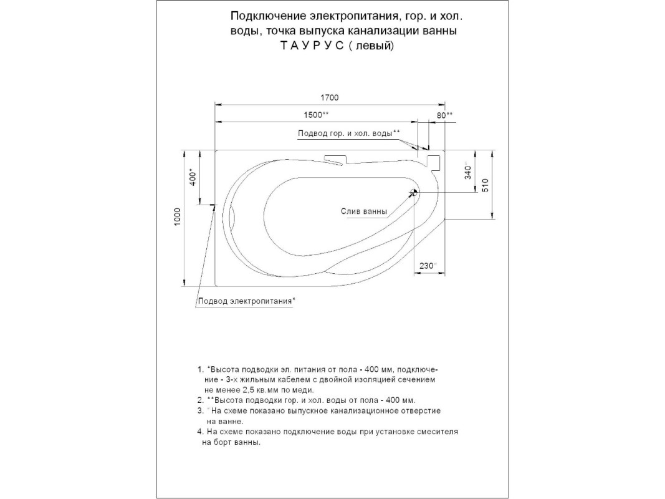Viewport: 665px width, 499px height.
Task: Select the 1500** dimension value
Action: point(316,115)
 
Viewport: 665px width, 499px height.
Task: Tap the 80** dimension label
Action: point(444,115)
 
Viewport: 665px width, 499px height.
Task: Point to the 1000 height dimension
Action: point(178,218)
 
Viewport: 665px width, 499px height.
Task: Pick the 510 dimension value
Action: point(486,185)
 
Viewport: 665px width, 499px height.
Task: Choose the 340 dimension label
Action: point(468,171)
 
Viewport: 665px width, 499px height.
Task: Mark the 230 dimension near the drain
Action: point(427,266)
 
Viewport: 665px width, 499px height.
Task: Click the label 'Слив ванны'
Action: point(364,211)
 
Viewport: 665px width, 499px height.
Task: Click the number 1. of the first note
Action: point(200,370)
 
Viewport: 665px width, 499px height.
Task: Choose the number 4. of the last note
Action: point(200,432)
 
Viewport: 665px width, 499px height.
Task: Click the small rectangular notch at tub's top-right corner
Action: point(434,162)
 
